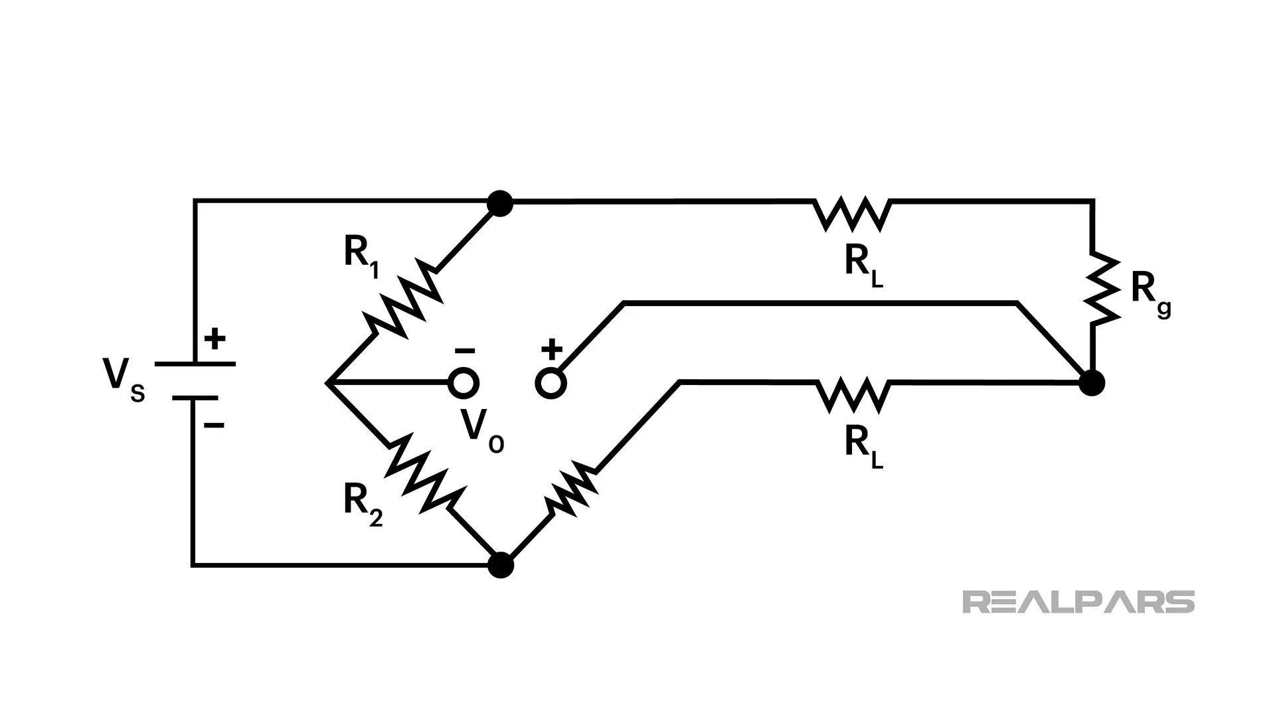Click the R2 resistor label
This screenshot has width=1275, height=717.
(363, 503)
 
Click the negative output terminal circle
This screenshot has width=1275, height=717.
(464, 384)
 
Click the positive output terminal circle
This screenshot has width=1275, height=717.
(551, 384)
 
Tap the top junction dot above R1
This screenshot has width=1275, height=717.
(500, 203)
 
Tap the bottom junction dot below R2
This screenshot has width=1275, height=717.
(500, 566)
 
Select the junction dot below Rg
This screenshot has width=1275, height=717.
(1091, 383)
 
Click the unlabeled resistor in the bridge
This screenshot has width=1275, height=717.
(570, 490)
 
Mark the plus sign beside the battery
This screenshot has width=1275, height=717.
(214, 340)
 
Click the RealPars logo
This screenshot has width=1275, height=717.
(1078, 601)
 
